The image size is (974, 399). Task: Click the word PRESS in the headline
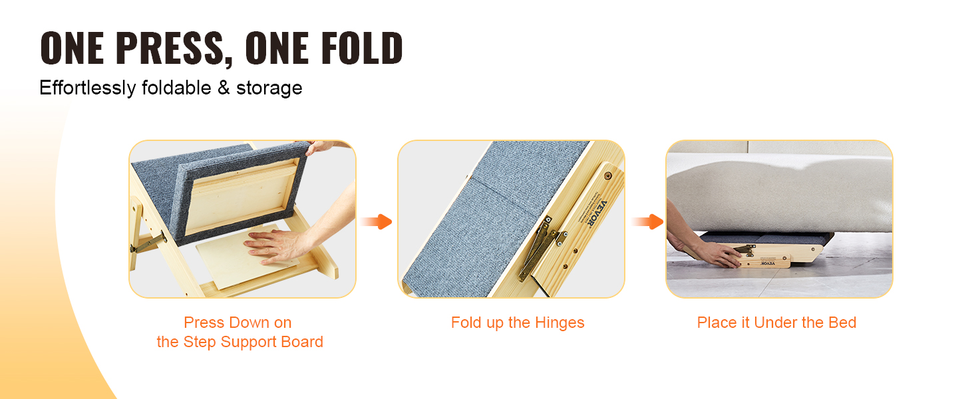170,49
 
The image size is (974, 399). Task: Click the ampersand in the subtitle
224,87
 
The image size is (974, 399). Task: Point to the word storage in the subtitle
269,88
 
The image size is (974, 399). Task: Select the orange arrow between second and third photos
647,221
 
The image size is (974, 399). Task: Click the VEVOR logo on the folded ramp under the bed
768,263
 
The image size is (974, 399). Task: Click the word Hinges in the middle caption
560,323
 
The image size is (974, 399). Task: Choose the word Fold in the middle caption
466,323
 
